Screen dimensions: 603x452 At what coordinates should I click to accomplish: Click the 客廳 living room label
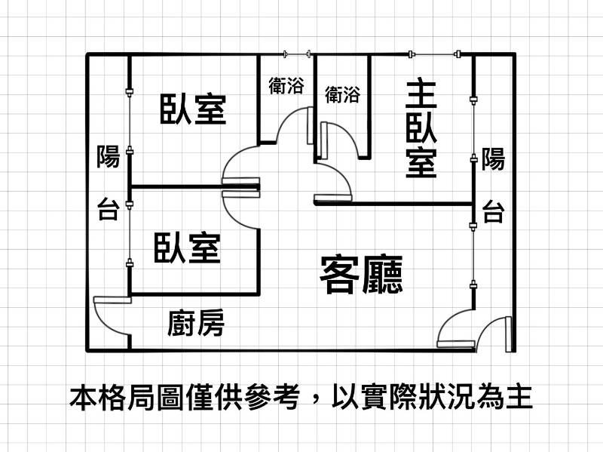coord(361,275)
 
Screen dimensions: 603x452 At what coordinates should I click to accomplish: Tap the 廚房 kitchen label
coord(196,323)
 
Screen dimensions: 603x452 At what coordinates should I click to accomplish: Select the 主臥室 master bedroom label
coord(421,129)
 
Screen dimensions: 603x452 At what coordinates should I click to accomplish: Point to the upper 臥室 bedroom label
coord(193,109)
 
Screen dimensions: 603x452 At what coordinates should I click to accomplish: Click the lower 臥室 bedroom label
coord(187,248)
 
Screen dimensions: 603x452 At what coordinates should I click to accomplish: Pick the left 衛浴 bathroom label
coord(286,85)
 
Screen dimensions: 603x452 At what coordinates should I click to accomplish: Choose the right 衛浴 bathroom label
coord(343,94)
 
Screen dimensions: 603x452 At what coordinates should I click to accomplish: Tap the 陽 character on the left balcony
coord(108,156)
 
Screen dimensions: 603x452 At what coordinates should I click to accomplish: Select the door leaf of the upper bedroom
coord(241,181)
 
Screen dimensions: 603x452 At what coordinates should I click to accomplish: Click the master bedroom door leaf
coord(333,198)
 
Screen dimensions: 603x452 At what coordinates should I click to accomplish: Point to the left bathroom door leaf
coord(311,126)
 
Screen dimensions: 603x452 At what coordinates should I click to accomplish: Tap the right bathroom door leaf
coord(324,140)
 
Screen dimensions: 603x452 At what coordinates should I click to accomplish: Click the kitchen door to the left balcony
coord(112,300)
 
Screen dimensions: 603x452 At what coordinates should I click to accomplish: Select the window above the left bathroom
coord(297,54)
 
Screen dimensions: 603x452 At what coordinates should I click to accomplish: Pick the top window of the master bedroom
coord(434,54)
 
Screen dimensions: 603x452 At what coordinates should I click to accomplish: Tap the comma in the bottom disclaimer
coord(317,401)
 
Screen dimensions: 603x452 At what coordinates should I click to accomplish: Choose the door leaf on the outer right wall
coord(509,334)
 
